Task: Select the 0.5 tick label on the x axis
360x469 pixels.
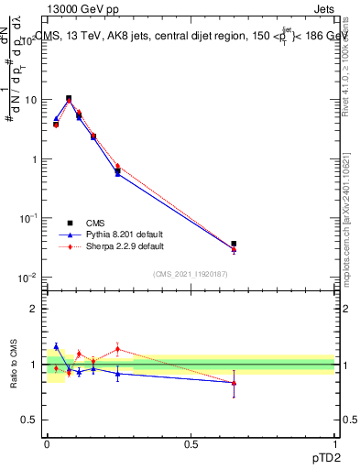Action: [x=191, y=443]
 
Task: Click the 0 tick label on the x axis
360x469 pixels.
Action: [x=47, y=443]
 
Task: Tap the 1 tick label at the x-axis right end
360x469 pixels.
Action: [x=334, y=443]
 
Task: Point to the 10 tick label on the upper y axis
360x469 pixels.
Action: [x=29, y=100]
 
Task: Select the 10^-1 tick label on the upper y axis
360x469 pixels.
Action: [x=27, y=218]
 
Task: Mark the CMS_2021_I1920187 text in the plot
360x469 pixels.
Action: [x=190, y=274]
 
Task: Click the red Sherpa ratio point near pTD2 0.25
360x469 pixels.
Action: [x=117, y=348]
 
